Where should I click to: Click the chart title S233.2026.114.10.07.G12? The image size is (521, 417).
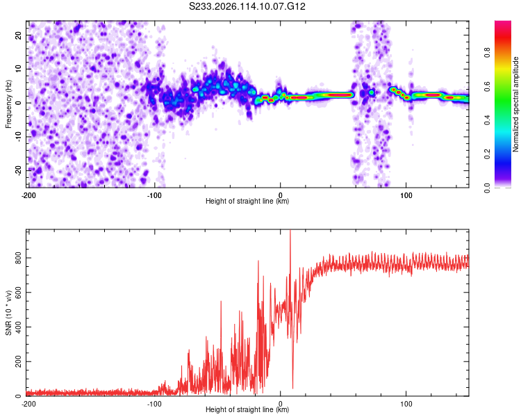pyautogui.click(x=247, y=6)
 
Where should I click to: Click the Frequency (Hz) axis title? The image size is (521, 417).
pyautogui.click(x=8, y=104)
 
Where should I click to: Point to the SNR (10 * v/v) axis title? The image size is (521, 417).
pyautogui.click(x=8, y=313)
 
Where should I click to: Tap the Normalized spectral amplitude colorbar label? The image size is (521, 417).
pyautogui.click(x=515, y=104)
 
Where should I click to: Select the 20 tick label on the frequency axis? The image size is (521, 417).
pyautogui.click(x=18, y=35)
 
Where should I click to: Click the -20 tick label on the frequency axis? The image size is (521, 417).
pyautogui.click(x=18, y=170)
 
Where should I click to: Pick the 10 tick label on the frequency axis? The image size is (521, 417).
pyautogui.click(x=18, y=69)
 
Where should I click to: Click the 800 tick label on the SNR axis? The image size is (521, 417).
pyautogui.click(x=18, y=258)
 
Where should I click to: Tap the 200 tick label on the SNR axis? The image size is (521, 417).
pyautogui.click(x=18, y=361)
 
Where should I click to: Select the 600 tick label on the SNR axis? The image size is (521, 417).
pyautogui.click(x=18, y=293)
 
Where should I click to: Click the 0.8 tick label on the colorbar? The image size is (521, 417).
pyautogui.click(x=487, y=53)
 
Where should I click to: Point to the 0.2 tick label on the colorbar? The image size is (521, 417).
pyautogui.click(x=487, y=154)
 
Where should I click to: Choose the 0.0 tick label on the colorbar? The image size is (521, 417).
pyautogui.click(x=487, y=188)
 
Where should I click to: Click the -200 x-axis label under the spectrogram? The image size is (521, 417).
pyautogui.click(x=28, y=195)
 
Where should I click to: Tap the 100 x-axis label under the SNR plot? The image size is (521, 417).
pyautogui.click(x=406, y=404)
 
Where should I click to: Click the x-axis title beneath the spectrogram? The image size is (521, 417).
pyautogui.click(x=247, y=201)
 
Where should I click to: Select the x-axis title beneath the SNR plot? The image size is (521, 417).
pyautogui.click(x=247, y=409)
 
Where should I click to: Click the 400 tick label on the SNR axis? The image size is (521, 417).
pyautogui.click(x=18, y=327)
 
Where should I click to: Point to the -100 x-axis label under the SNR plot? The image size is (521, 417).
pyautogui.click(x=154, y=404)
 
